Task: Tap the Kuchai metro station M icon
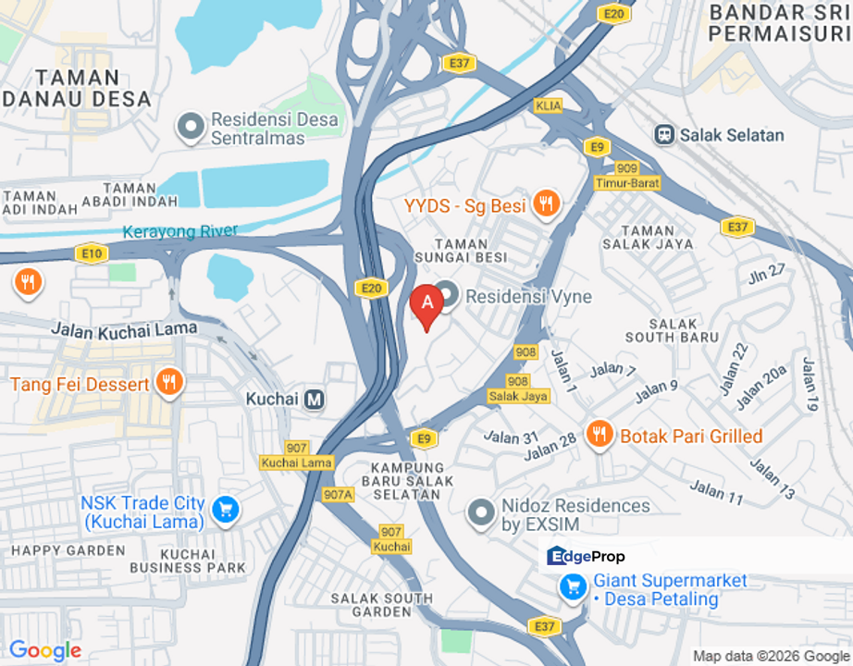pos(315,399)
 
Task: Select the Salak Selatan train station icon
pos(663,135)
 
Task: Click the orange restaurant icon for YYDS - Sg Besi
pos(547,203)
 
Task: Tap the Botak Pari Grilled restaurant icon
pos(600,434)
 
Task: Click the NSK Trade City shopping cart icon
pos(225,509)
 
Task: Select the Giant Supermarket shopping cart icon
pos(574,586)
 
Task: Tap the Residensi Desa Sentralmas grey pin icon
pos(191,127)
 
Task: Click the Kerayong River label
pos(180,232)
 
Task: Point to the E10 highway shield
pos(91,253)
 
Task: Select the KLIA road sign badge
pos(548,106)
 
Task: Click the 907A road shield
pos(339,495)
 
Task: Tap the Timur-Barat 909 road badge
pos(627,176)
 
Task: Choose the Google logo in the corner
pos(44,650)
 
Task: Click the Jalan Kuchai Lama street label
pos(124,327)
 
